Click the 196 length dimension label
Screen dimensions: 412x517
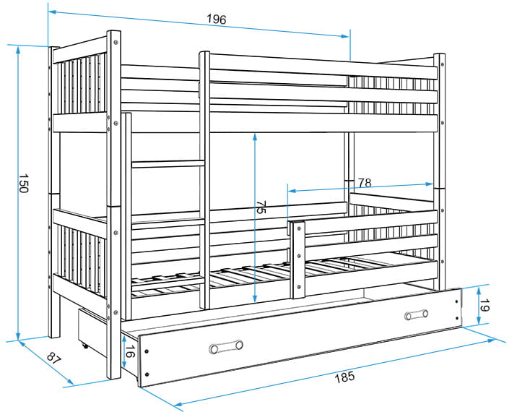215,20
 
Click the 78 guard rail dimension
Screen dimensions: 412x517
365,181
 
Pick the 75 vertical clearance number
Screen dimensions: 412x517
261,208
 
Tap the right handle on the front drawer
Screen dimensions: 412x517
416,314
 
